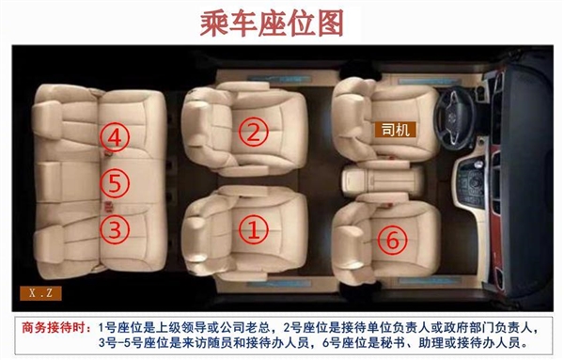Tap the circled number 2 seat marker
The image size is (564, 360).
[x=253, y=133]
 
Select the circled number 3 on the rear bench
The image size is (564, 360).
[x=113, y=227]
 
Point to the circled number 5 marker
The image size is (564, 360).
[x=113, y=181]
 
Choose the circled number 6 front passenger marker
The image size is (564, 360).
[x=394, y=240]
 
